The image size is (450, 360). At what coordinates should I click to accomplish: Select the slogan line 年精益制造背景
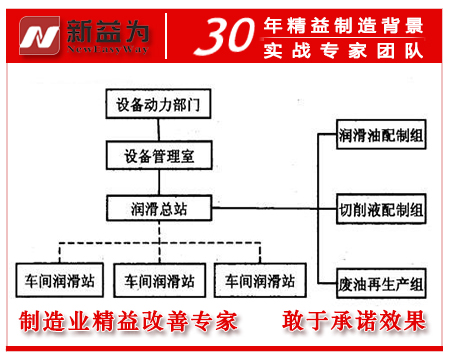point(350,21)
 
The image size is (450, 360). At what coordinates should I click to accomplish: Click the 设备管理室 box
point(160,155)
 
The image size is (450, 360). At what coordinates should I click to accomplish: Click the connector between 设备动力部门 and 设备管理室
point(160,130)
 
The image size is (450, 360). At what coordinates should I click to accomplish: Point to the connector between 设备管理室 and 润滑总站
point(160,182)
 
